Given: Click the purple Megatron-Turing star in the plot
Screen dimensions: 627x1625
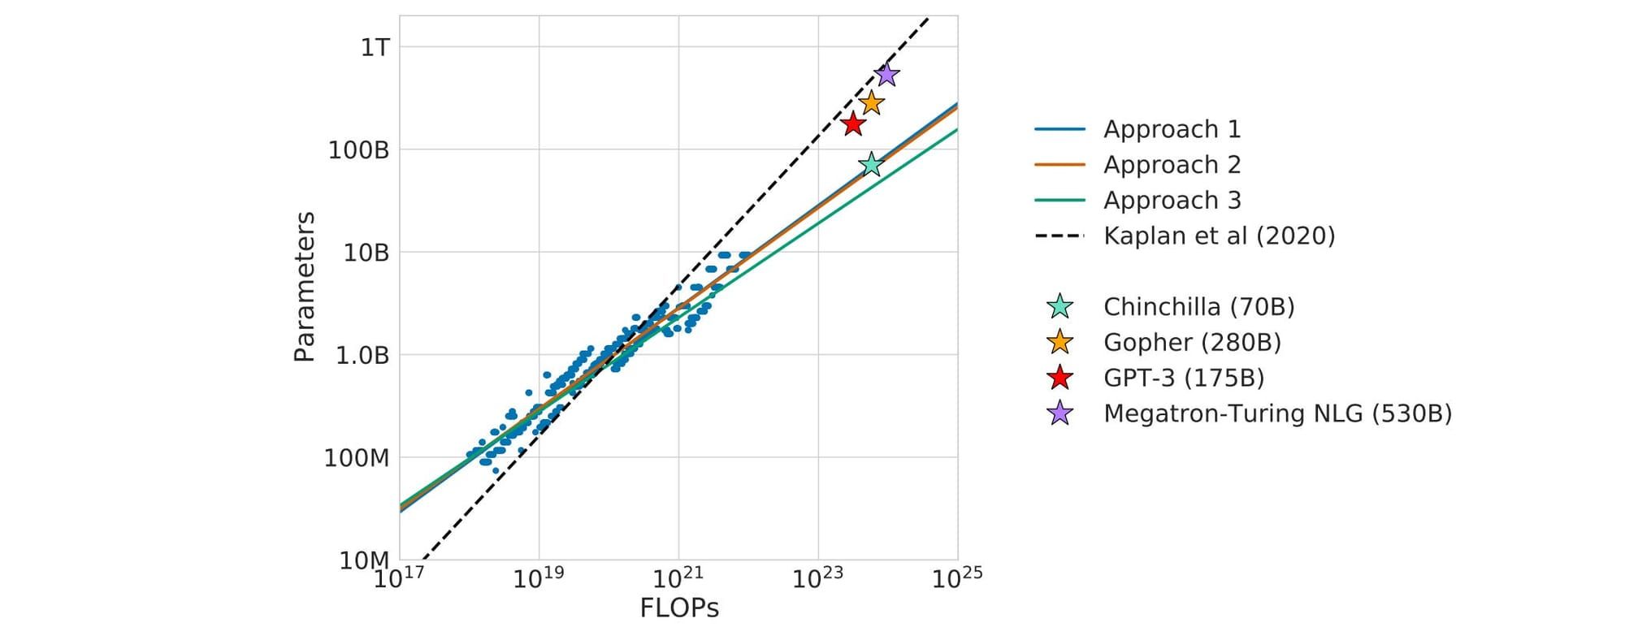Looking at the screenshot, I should pos(886,75).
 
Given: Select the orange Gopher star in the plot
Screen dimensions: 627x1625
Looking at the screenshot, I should pos(872,103).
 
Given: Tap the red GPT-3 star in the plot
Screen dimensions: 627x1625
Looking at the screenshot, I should pos(852,124).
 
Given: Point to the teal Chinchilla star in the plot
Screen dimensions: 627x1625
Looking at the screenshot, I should pos(870,164).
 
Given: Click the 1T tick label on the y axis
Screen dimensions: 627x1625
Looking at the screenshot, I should pos(375,47).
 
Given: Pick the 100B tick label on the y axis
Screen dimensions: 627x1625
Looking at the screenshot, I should pos(358,150).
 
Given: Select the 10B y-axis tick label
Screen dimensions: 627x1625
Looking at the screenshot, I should pos(366,253).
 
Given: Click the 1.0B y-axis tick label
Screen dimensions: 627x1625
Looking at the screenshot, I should pos(362,356).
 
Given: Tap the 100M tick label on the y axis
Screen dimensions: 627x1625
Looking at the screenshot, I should pos(357,458).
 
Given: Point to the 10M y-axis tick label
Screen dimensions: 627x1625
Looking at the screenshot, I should pos(365,560).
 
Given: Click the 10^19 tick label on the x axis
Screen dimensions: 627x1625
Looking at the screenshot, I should pos(539,578).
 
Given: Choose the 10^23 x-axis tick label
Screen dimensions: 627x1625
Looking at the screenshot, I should pos(818,578).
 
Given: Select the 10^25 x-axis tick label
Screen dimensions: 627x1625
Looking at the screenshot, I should pos(957,578).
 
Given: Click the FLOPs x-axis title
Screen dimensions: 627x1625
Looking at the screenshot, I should pos(679,608).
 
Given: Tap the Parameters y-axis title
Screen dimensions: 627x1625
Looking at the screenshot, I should pos(305,287).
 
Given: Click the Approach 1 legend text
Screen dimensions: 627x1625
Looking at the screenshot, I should pos(1172,129).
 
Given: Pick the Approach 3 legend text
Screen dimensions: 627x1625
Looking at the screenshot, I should pos(1172,200).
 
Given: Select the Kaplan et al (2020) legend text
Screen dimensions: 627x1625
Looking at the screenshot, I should pos(1219,236).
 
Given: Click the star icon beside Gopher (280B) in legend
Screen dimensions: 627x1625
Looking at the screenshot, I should pos(1059,342).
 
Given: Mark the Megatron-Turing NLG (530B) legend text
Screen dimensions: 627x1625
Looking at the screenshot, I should pos(1277,413).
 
